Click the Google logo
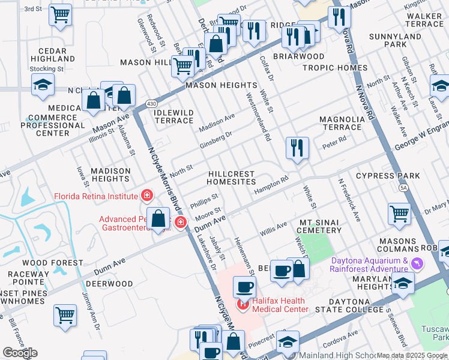(20, 353)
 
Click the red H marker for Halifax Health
(244, 304)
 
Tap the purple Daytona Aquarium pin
(418, 263)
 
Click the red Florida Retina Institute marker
(146, 195)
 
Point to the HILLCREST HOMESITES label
(231, 178)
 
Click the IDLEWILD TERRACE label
(174, 116)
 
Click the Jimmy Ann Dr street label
(91, 311)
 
